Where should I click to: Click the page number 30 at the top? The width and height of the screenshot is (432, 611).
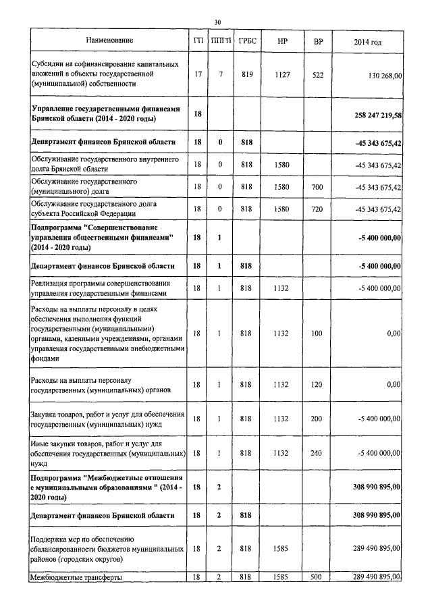click(x=217, y=22)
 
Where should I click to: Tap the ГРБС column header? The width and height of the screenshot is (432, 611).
click(x=245, y=42)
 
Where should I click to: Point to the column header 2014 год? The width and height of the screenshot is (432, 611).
click(x=367, y=42)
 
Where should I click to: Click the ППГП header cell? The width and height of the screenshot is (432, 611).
click(x=221, y=42)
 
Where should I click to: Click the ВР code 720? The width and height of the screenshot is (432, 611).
click(x=318, y=209)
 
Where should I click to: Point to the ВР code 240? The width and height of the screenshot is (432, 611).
click(x=318, y=453)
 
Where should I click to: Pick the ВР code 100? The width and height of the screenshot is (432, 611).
click(x=318, y=334)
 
